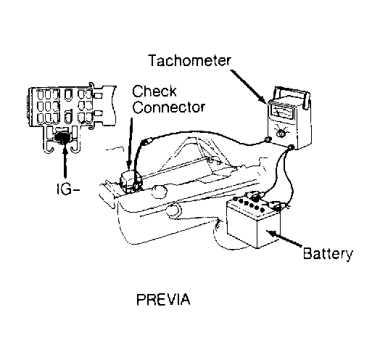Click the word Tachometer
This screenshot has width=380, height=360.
[x=189, y=61]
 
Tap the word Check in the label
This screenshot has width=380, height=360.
[x=154, y=91]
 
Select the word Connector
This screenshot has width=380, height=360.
[x=169, y=107]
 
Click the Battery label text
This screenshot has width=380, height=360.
[x=328, y=254]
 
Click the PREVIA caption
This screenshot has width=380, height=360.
[x=163, y=299]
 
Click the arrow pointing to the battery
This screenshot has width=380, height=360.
[x=285, y=239]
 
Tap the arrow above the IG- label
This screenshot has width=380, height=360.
[x=65, y=162]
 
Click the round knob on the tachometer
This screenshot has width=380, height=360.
[x=281, y=134]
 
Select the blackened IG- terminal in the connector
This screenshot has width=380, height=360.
[x=62, y=138]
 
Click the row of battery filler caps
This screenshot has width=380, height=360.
[x=249, y=204]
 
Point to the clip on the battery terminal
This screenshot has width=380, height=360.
[x=277, y=205]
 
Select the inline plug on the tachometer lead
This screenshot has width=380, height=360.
[x=147, y=142]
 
